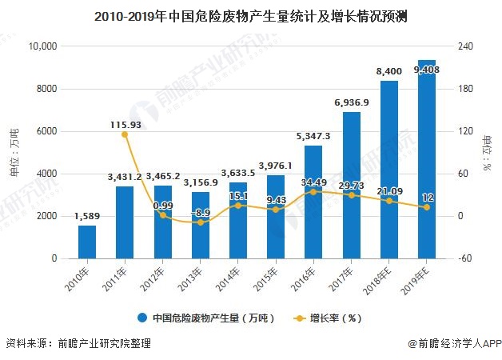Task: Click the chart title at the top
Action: click(x=250, y=14)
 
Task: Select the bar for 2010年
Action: click(x=87, y=242)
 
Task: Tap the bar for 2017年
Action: click(x=352, y=185)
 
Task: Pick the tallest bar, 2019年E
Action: click(x=427, y=160)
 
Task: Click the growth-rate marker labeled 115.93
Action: click(x=125, y=134)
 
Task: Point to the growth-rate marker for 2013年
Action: click(x=201, y=222)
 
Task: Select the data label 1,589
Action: click(x=87, y=216)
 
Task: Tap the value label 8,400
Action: click(x=389, y=72)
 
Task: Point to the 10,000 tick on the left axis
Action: click(x=42, y=46)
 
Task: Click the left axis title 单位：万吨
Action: click(x=14, y=152)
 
